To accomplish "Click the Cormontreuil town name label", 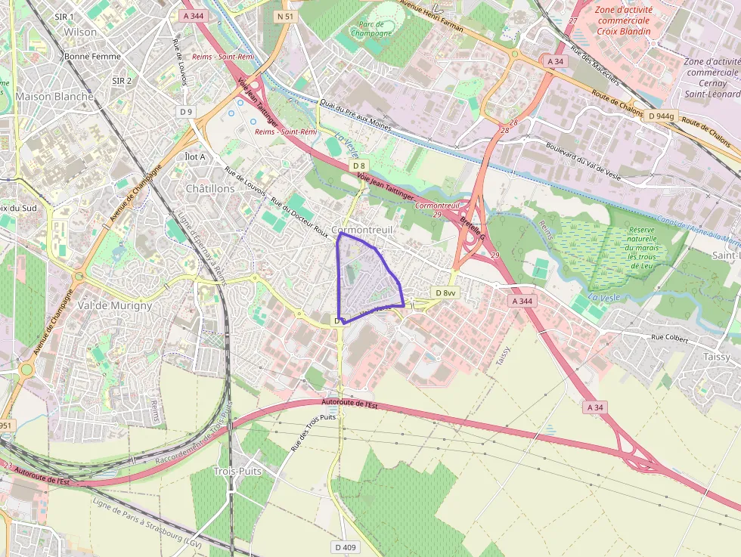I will tap(361, 229).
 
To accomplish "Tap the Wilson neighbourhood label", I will tap(81, 32).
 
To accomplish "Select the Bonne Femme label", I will tap(88, 56).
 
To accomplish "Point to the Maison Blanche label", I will tap(54, 96).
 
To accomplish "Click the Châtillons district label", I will tap(210, 187).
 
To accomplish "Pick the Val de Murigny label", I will tap(115, 305).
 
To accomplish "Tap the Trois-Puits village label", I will tap(237, 471).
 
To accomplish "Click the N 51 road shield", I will tap(284, 16).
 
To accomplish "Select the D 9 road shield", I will tap(186, 111).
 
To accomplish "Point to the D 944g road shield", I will tap(660, 116).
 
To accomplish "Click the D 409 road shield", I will tap(344, 546).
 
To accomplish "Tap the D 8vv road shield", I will tap(446, 292).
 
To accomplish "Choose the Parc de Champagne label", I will tap(371, 29).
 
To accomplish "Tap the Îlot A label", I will tap(195, 156).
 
